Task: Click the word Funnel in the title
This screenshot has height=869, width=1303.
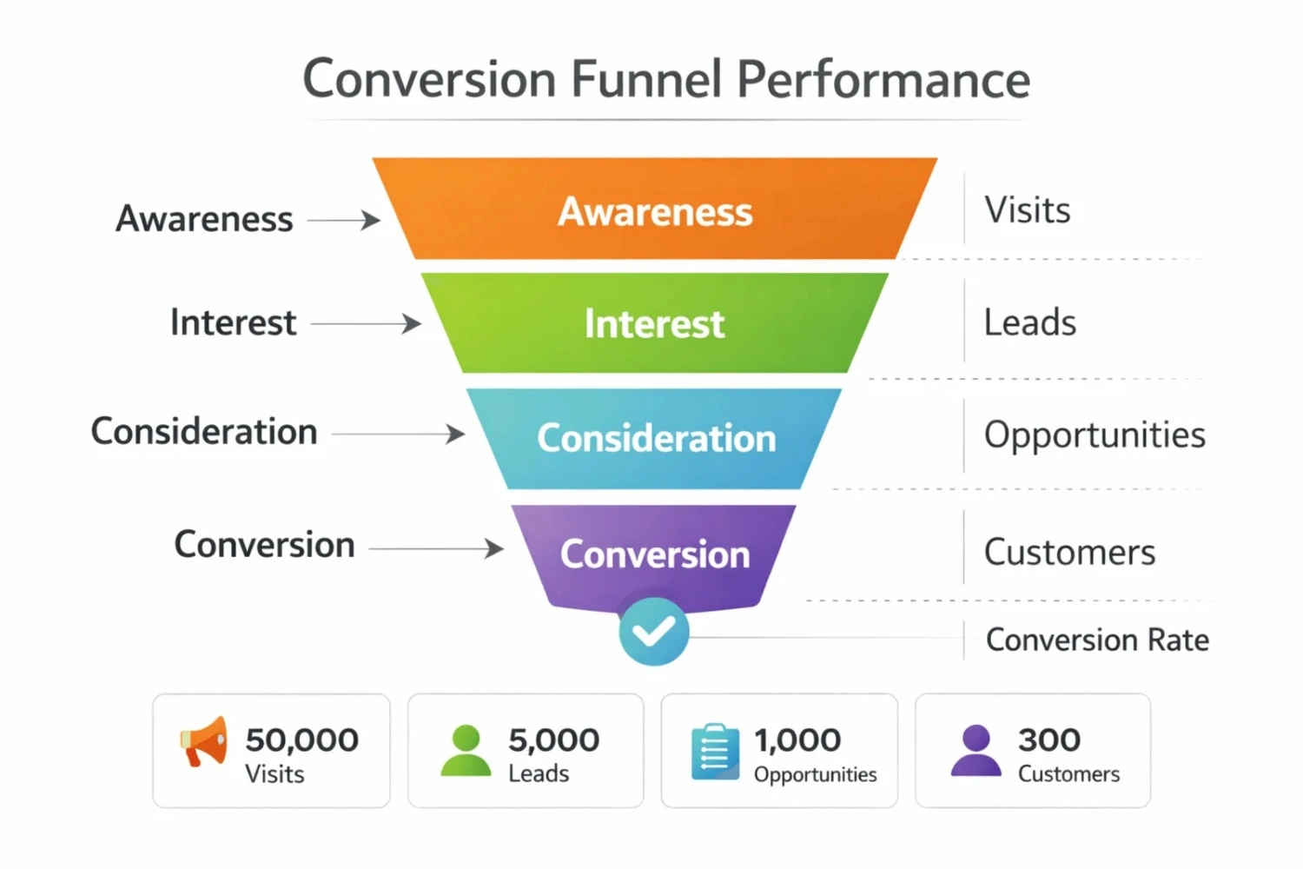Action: tap(645, 79)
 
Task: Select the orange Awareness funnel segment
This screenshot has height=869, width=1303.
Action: tap(654, 211)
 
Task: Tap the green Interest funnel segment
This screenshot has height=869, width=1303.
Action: tap(654, 323)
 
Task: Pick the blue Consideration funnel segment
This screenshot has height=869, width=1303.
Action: tap(654, 437)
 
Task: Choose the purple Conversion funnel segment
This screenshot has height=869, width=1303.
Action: tap(654, 554)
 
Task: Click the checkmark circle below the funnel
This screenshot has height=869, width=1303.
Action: tap(654, 632)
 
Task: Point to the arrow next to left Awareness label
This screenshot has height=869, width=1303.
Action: tap(344, 220)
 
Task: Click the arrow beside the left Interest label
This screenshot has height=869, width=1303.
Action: tap(366, 324)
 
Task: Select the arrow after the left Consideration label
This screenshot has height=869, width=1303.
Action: tap(399, 434)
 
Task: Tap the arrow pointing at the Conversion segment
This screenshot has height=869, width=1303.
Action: tap(436, 548)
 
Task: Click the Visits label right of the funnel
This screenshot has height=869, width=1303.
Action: tap(1027, 210)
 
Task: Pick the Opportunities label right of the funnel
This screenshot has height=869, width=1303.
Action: tap(1094, 434)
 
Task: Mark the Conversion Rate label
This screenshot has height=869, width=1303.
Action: tap(1096, 640)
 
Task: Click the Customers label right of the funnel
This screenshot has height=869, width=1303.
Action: tap(1068, 553)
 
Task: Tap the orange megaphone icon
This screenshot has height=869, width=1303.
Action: tap(205, 742)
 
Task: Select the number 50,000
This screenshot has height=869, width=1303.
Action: tap(301, 740)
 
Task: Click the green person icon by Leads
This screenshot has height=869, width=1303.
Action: tap(466, 750)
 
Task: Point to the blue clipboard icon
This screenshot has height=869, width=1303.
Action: tap(714, 751)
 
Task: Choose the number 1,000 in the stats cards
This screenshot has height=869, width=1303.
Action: tap(797, 740)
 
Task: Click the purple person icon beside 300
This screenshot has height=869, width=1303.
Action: tap(976, 750)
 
